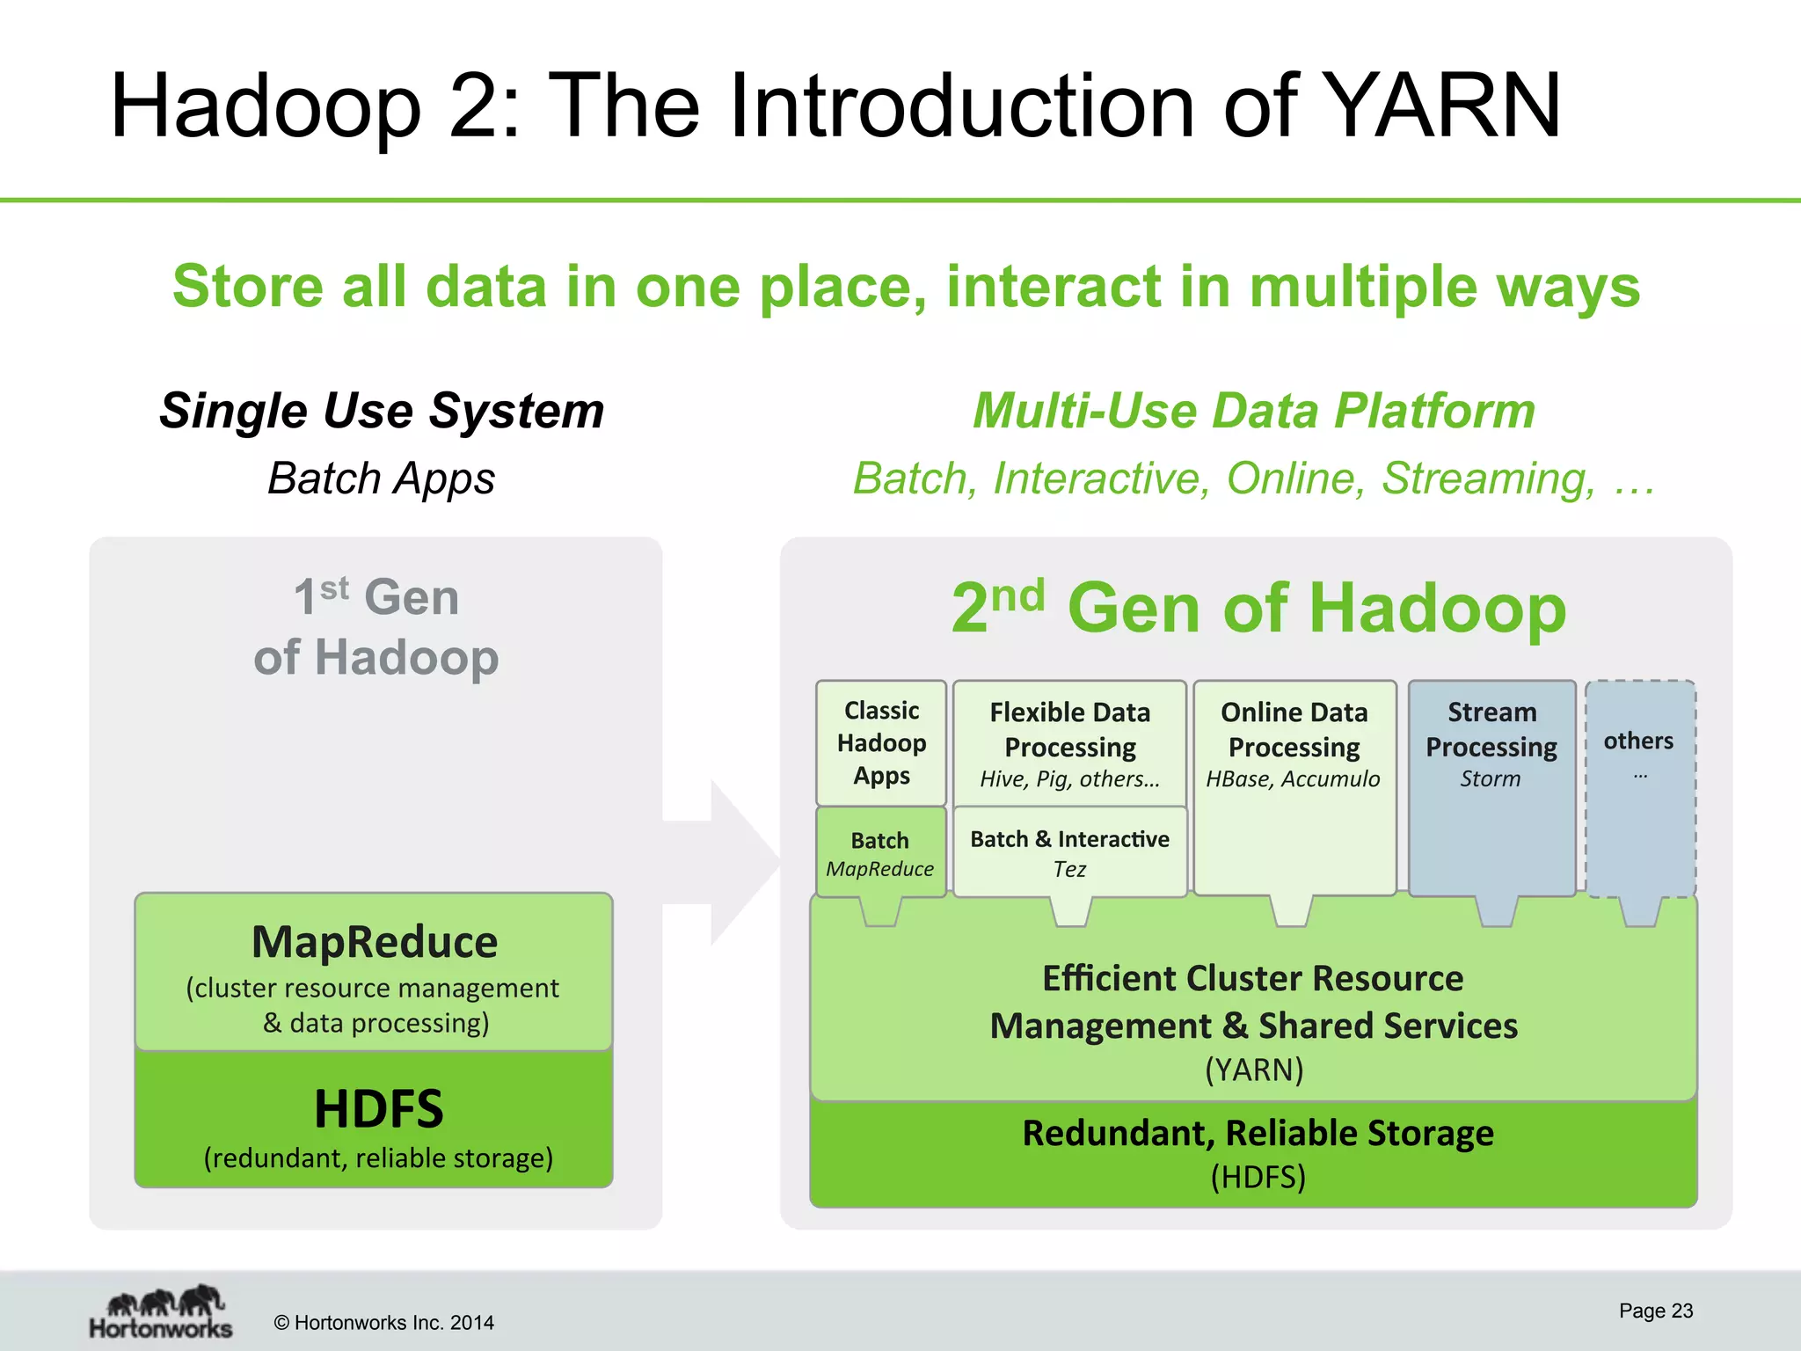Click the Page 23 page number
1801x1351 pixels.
(x=1656, y=1311)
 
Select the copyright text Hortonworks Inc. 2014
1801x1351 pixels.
(x=384, y=1323)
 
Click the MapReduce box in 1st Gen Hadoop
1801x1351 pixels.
(x=374, y=972)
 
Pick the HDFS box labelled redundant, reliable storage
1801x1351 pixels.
(x=374, y=1121)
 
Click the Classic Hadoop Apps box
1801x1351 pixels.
(x=881, y=743)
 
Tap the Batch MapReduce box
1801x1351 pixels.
(x=880, y=853)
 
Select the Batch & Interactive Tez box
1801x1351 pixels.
(x=1069, y=853)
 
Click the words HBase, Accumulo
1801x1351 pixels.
(x=1293, y=779)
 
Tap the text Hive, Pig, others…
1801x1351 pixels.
(x=1069, y=779)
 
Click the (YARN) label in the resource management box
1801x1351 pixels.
(x=1254, y=1070)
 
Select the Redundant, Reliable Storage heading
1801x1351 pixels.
(x=1258, y=1133)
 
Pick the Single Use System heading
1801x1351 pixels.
(x=382, y=411)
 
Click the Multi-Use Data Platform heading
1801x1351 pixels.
(x=1254, y=411)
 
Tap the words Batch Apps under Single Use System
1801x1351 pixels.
(x=382, y=478)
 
